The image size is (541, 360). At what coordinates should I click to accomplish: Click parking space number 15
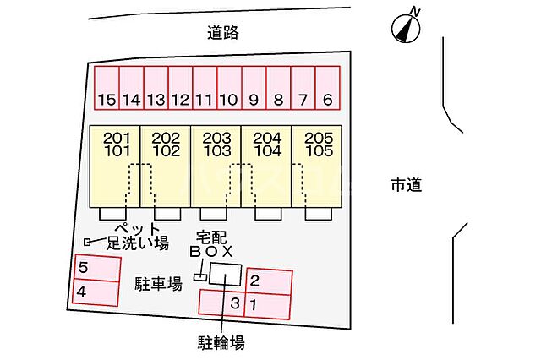click(107, 88)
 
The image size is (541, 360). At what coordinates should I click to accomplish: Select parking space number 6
click(327, 88)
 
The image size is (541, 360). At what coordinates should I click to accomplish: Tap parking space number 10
click(229, 88)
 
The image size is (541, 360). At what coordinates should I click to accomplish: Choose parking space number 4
click(96, 292)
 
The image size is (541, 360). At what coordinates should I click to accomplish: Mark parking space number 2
click(269, 282)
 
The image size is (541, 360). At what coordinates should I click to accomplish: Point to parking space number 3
click(221, 303)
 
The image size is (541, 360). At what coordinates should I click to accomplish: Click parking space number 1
click(267, 307)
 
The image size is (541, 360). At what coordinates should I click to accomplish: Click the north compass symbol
click(407, 26)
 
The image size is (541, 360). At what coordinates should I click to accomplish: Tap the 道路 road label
click(223, 33)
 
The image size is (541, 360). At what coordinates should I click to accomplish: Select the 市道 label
click(406, 185)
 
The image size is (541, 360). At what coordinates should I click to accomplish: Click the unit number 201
click(117, 139)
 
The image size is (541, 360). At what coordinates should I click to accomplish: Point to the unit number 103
click(216, 151)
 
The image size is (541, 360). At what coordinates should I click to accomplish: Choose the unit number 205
click(319, 139)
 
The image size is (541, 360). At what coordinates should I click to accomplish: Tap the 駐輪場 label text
click(221, 343)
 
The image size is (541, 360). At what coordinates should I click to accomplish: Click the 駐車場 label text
click(158, 284)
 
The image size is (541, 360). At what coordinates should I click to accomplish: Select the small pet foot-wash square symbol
click(87, 243)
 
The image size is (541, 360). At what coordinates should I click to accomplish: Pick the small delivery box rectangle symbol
click(200, 277)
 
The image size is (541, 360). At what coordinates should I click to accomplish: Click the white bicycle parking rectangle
click(226, 275)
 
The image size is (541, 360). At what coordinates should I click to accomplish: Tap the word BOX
click(211, 252)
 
